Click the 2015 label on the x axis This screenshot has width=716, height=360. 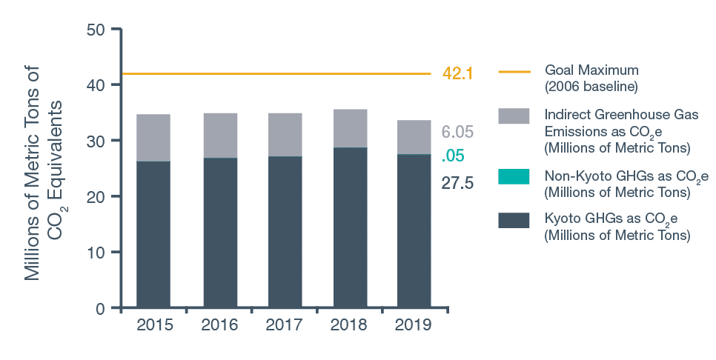point(153,325)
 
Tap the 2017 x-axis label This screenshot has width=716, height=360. point(285,325)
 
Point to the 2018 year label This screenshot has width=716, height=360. point(350,325)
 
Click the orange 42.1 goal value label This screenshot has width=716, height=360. point(457,73)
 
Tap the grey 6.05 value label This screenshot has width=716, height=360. point(457,133)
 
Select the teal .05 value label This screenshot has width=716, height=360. point(452,156)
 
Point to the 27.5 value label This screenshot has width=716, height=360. point(457,183)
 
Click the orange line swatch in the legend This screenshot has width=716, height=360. point(514,72)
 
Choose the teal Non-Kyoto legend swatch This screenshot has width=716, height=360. point(514,176)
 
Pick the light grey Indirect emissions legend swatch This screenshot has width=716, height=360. point(514,116)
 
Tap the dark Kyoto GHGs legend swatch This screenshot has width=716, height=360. point(514,220)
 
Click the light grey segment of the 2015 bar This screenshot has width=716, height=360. point(153,138)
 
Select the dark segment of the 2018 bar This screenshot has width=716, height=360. point(350,226)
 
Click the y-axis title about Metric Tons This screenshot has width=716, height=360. point(42,176)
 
